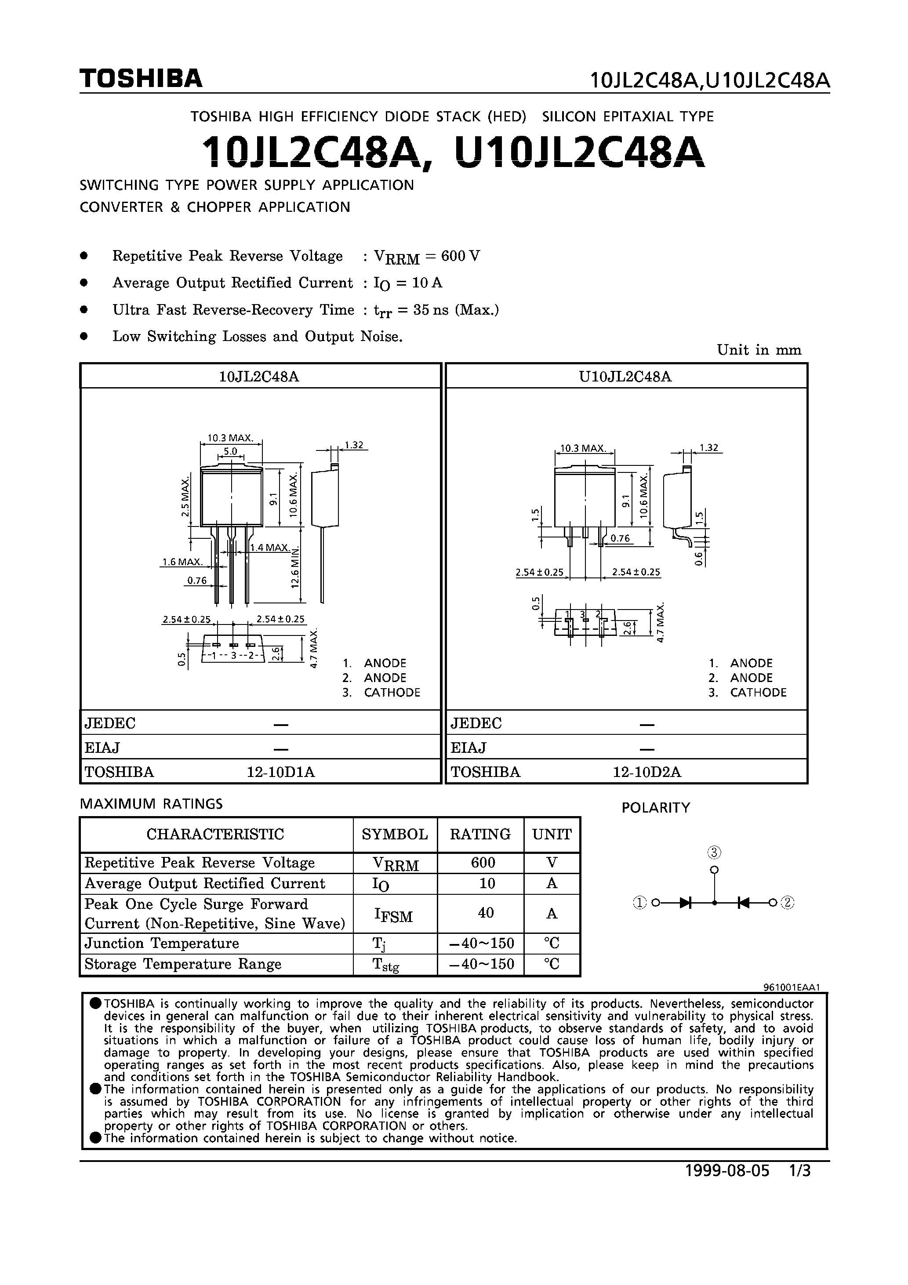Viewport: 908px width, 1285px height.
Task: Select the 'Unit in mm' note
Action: point(759,350)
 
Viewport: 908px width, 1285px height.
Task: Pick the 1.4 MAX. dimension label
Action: point(270,548)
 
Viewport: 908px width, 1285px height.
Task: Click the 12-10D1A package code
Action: point(280,772)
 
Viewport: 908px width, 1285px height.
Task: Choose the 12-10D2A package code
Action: point(646,772)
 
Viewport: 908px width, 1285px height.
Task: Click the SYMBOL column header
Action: point(395,835)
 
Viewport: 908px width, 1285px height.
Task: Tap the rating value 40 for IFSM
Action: point(485,913)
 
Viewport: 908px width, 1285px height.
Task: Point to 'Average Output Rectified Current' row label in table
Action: point(204,884)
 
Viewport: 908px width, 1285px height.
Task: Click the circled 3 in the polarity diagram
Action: point(714,853)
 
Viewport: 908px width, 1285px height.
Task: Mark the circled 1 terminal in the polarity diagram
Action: point(639,902)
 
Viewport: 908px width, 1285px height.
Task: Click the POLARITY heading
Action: point(656,808)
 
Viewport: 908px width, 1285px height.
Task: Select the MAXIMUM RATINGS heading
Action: point(151,804)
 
